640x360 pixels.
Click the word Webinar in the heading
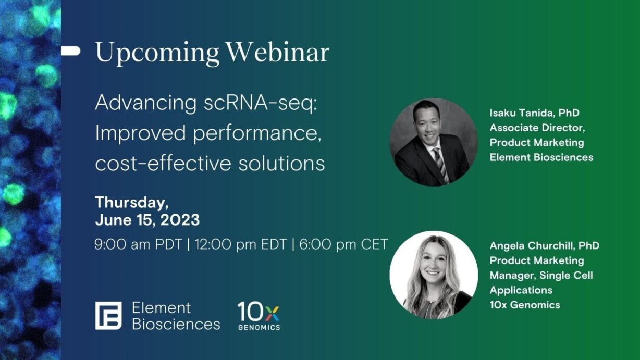click(278, 53)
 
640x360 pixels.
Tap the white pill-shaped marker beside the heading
click(70, 51)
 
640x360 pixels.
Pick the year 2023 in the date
click(180, 220)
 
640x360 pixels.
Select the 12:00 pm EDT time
click(240, 244)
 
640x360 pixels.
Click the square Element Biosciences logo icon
click(108, 316)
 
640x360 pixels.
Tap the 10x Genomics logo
click(259, 316)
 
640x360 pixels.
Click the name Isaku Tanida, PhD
click(534, 113)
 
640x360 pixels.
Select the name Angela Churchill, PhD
click(544, 245)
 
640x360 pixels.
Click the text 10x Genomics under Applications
click(524, 305)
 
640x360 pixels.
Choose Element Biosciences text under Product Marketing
click(541, 157)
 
